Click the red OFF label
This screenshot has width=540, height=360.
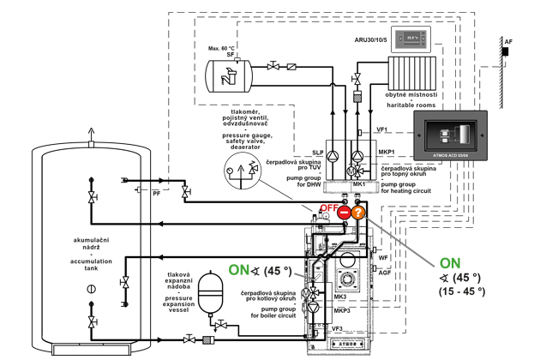pyautogui.click(x=328, y=207)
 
